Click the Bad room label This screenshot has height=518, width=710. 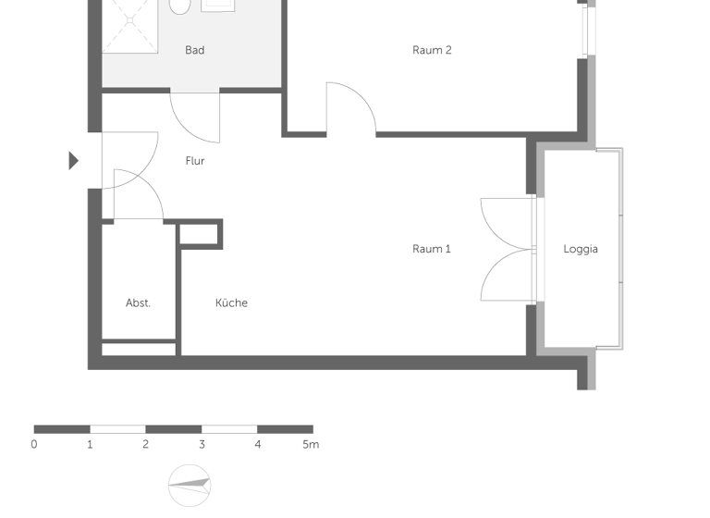[194, 50]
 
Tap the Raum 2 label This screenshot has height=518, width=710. [432, 50]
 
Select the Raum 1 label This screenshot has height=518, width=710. [432, 249]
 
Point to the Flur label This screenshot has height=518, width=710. [194, 161]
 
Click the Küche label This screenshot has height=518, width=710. [231, 302]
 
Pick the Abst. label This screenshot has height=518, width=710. [138, 302]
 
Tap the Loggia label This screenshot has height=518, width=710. [581, 249]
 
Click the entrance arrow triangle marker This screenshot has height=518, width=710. [74, 161]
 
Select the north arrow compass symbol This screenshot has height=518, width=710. [190, 484]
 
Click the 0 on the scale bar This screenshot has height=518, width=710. [34, 445]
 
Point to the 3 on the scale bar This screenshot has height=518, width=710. [202, 445]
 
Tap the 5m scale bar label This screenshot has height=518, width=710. [311, 445]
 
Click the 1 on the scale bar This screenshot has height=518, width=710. [90, 445]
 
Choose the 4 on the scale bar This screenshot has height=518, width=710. [257, 445]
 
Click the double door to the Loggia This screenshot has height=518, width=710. [507, 249]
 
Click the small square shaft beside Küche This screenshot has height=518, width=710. [200, 234]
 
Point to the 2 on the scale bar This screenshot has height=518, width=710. [146, 445]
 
